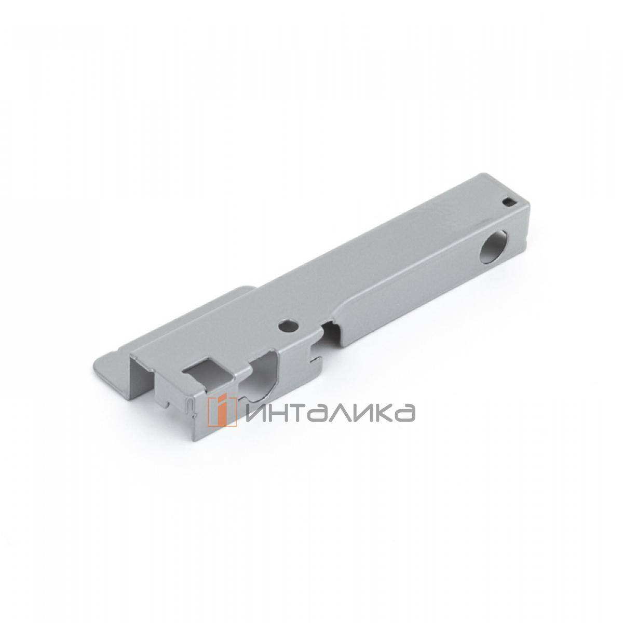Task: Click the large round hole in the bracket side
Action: [x=491, y=245]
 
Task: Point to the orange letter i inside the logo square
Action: [x=221, y=411]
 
